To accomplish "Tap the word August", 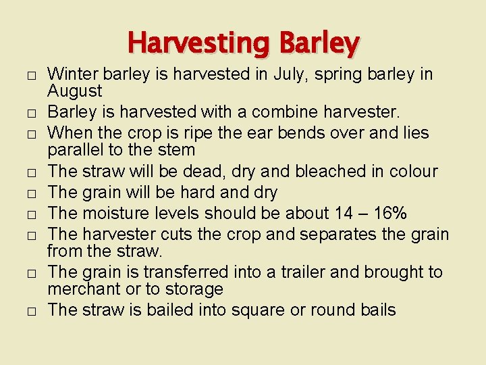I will [75, 91].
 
